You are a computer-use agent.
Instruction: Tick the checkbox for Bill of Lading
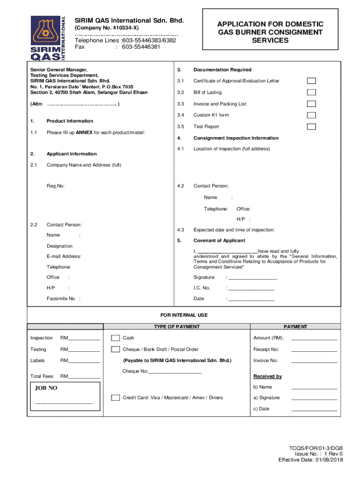click(x=311, y=92)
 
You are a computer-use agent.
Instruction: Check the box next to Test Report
click(x=311, y=127)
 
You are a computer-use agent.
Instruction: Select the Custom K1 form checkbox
click(x=311, y=115)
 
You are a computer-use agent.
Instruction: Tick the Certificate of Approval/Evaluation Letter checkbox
click(x=311, y=81)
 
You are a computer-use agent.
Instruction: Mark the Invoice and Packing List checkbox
click(x=311, y=104)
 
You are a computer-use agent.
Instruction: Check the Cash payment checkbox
click(x=115, y=338)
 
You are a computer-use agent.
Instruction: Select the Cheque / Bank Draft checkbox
click(x=115, y=349)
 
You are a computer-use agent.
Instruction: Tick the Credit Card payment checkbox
click(x=115, y=398)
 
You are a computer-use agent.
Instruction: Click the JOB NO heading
click(x=46, y=388)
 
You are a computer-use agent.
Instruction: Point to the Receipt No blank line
click(x=314, y=350)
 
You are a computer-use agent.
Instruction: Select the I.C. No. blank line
click(x=251, y=289)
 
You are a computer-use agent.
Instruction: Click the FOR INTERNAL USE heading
click(x=184, y=315)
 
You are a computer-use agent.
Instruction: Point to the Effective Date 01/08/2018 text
click(x=310, y=460)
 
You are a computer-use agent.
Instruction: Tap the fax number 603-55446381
click(x=141, y=47)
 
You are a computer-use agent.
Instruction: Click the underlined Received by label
click(x=267, y=376)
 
